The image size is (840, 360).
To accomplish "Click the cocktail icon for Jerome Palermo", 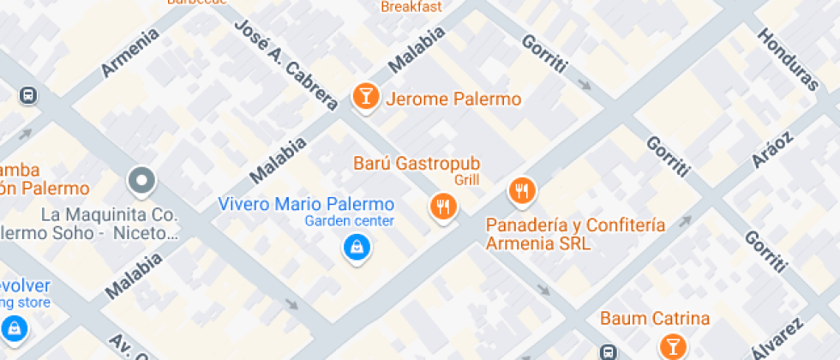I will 366,96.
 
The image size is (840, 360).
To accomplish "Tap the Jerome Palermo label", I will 453,99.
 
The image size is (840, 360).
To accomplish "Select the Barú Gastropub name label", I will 417,163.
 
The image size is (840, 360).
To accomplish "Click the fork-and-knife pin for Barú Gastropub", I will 442,206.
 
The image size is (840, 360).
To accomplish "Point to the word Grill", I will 467,180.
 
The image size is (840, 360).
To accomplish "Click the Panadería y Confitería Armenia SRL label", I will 575,234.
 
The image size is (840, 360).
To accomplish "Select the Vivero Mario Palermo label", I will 306,204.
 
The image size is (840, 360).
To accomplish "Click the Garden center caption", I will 350,221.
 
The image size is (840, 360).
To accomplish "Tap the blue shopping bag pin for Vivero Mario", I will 354,248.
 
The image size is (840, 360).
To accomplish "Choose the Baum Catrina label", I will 655,319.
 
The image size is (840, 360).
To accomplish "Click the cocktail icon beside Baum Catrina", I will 673,345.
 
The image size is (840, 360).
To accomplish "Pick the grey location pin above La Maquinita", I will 141,181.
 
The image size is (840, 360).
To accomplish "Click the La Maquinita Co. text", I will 109,213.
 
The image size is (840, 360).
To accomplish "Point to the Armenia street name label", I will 130,53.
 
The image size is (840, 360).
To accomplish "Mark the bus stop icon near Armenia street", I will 29,95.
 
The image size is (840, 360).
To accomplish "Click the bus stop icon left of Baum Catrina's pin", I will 608,351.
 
